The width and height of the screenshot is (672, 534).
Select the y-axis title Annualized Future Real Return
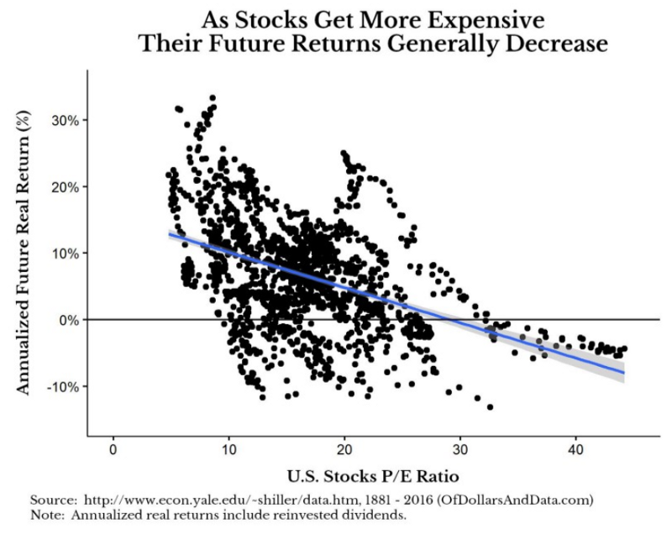click(26, 252)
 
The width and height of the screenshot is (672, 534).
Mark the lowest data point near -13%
click(490, 407)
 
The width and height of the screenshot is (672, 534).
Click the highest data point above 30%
click(213, 98)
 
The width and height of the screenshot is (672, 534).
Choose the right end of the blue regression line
click(624, 372)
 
